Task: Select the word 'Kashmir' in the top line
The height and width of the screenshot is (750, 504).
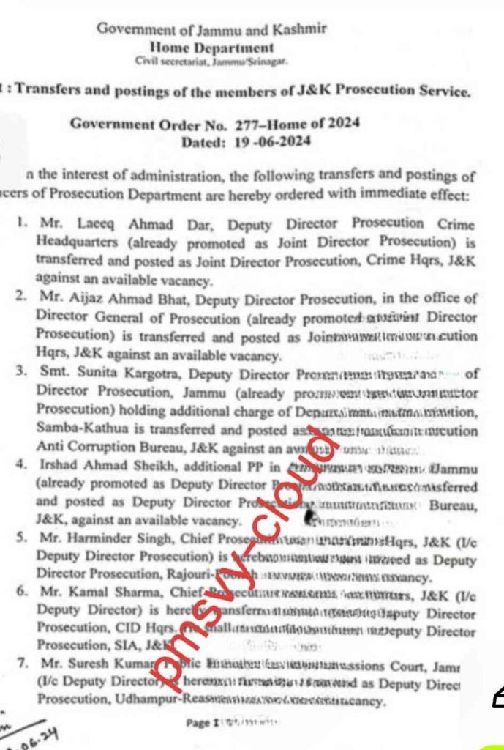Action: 299,29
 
